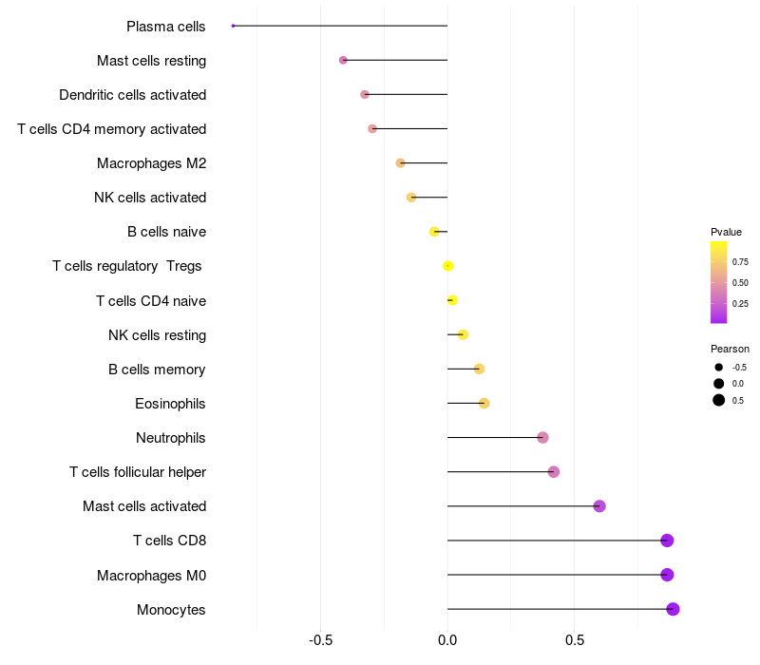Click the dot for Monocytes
click(x=673, y=609)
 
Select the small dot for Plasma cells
click(x=233, y=26)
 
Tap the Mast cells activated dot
click(x=599, y=506)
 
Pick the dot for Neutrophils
click(x=542, y=438)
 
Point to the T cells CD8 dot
click(x=667, y=541)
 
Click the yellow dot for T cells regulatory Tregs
click(x=448, y=266)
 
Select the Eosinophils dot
click(x=484, y=404)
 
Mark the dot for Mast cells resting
click(x=343, y=60)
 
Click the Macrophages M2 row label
click(x=151, y=163)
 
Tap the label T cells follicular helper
click(x=138, y=472)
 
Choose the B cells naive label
click(x=166, y=232)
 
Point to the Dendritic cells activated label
click(x=132, y=95)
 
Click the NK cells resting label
click(x=157, y=335)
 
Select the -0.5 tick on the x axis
click(x=321, y=640)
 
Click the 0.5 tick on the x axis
click(x=574, y=640)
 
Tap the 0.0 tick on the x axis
click(x=447, y=640)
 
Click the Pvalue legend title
click(x=726, y=232)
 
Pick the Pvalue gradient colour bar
click(x=718, y=282)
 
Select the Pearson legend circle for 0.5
click(x=719, y=400)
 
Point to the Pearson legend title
click(x=730, y=349)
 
